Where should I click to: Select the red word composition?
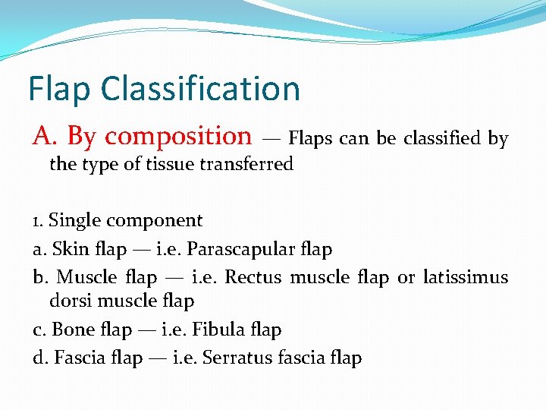(x=178, y=136)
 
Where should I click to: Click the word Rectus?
(x=253, y=277)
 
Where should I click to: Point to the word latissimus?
(x=465, y=277)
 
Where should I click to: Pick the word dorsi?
(x=71, y=301)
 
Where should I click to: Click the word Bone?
(x=69, y=330)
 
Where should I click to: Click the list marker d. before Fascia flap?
(x=41, y=358)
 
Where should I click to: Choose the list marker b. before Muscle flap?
(x=41, y=277)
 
